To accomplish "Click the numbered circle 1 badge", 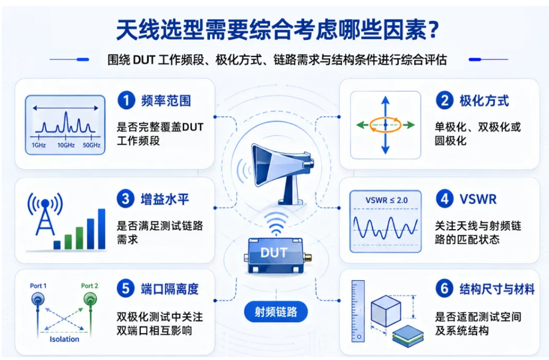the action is tap(126, 100).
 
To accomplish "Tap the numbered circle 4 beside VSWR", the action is tap(445, 199).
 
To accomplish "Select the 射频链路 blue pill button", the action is tap(276, 312).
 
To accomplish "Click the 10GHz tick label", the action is tap(66, 146).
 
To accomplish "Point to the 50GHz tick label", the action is tap(91, 146).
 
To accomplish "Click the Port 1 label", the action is tap(38, 286).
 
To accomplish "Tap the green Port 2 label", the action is tap(90, 286).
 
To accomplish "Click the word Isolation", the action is tap(65, 339).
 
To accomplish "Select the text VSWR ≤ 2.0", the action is tap(387, 200).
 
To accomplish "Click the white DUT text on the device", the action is tap(274, 252).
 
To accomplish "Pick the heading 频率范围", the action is tap(166, 101).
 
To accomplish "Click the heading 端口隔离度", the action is tap(170, 289).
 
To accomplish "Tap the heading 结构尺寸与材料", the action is tap(497, 289).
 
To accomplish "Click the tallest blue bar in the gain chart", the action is tap(102, 229).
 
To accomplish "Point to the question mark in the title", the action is tap(434, 30).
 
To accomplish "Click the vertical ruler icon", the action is tap(358, 311).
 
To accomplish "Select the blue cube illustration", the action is tap(386, 311).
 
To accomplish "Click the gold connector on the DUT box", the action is tap(308, 258).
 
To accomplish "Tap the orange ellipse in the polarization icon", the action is tap(386, 125).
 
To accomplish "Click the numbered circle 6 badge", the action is tap(445, 289).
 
